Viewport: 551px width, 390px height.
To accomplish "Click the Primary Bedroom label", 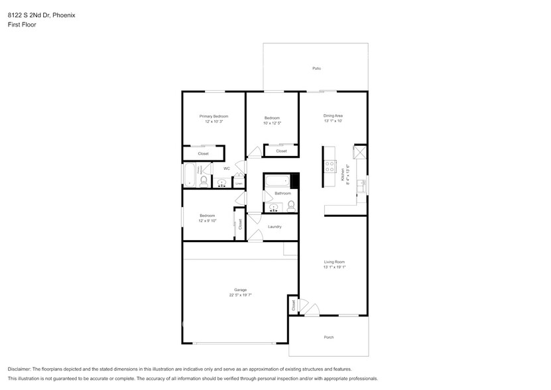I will (x=214, y=116).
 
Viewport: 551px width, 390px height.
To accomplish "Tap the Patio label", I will (x=316, y=68).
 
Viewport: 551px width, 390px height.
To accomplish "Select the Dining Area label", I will (x=332, y=115).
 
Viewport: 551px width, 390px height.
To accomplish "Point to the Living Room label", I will (x=334, y=262).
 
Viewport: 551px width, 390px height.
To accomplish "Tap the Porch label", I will (x=328, y=338).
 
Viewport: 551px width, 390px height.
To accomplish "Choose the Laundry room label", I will (x=275, y=227).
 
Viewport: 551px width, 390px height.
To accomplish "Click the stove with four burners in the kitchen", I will (x=329, y=168).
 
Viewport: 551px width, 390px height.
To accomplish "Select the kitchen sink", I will (x=361, y=186).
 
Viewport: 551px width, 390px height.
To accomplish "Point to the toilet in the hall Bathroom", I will (x=291, y=206).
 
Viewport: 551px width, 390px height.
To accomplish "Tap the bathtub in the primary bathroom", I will (x=188, y=174).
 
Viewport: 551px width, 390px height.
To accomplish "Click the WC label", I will (x=226, y=168).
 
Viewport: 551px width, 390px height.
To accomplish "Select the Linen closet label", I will (x=239, y=183).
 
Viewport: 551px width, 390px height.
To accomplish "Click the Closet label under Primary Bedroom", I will (x=203, y=154).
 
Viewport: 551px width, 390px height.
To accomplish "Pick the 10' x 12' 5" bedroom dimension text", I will (x=272, y=123).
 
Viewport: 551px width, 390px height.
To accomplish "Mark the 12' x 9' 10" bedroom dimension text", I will (x=208, y=220).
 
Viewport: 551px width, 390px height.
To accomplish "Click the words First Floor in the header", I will (x=22, y=25).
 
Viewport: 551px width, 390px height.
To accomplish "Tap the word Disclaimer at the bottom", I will (x=20, y=369).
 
